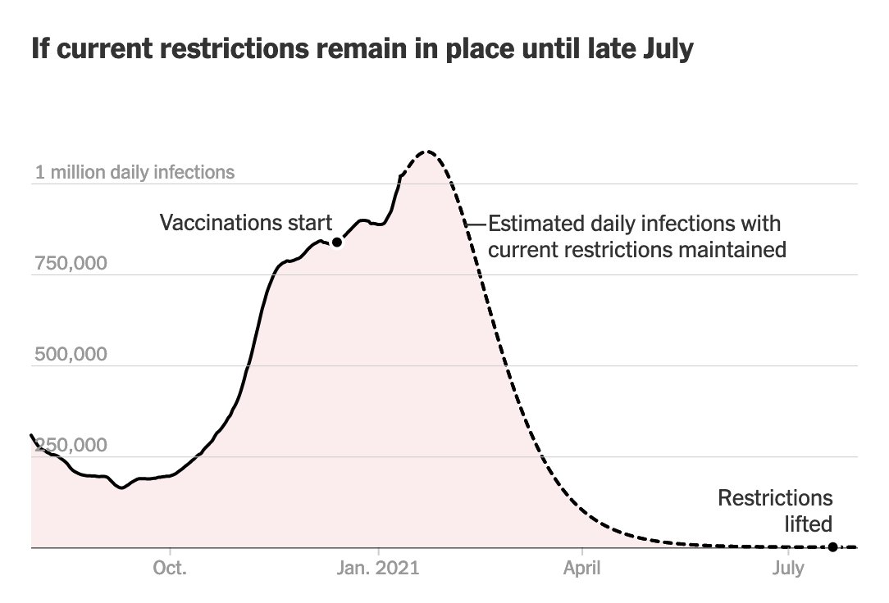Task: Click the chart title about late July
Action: click(362, 50)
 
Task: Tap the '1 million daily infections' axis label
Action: click(134, 173)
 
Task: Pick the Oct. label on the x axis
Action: click(169, 568)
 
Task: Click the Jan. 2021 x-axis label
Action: click(379, 568)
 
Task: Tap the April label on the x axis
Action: click(581, 568)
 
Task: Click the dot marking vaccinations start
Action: click(336, 242)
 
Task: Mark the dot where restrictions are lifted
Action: click(833, 546)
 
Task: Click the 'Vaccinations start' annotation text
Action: click(245, 222)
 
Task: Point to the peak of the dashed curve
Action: click(425, 152)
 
